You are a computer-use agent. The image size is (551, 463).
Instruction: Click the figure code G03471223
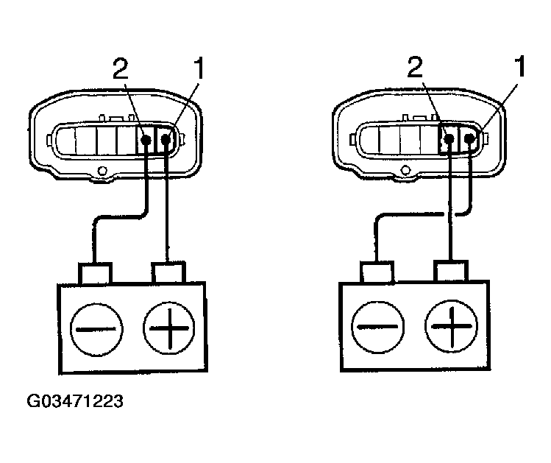(74, 403)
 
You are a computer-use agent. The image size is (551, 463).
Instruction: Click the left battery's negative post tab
(96, 273)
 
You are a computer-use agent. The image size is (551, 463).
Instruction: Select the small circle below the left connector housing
(102, 174)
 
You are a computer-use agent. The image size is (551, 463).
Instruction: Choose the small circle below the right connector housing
(405, 173)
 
